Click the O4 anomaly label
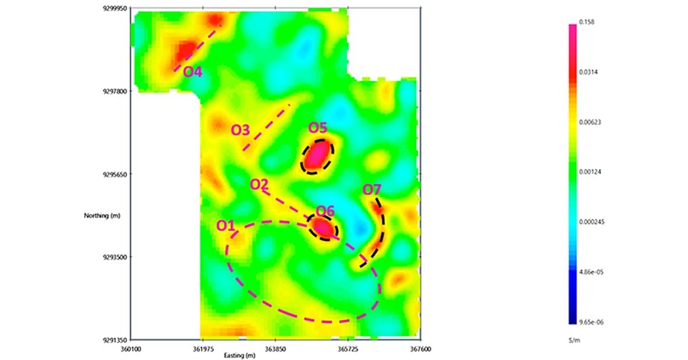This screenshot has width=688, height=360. coord(193,71)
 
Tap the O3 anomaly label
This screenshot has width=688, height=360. coord(240,129)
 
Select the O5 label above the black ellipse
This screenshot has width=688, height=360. coord(318,128)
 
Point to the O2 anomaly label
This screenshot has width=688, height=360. coord(259,184)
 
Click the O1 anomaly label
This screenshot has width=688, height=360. coord(225,225)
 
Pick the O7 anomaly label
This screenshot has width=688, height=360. coord(372,189)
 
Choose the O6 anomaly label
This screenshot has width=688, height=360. coord(325,211)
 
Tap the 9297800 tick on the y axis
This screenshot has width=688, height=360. coord(112,91)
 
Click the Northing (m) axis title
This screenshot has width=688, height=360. coord(101,215)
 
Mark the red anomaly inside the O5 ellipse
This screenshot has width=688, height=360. coord(316,156)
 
